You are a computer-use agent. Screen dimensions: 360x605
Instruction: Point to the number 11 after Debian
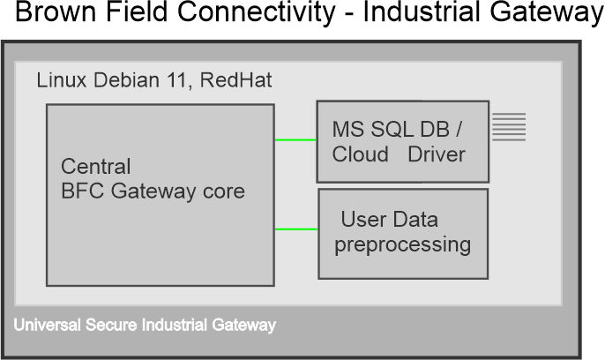click(x=181, y=80)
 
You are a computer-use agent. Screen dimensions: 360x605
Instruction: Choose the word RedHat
click(x=236, y=80)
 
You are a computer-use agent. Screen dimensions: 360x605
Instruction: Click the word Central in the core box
click(x=96, y=167)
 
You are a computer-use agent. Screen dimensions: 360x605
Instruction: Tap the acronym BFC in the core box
click(x=84, y=191)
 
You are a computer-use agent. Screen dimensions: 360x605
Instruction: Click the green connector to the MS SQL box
click(x=295, y=139)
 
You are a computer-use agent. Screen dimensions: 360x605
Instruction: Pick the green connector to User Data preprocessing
click(x=296, y=230)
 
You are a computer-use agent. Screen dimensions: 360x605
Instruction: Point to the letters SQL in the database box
click(x=392, y=129)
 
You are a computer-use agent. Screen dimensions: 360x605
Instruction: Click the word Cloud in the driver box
click(x=360, y=154)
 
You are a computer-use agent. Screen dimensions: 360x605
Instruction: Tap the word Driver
click(x=437, y=154)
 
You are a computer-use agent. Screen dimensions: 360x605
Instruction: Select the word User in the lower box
click(x=362, y=220)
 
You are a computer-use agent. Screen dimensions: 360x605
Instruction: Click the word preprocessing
click(x=402, y=244)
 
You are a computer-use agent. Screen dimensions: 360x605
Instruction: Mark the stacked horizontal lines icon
click(x=509, y=127)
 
